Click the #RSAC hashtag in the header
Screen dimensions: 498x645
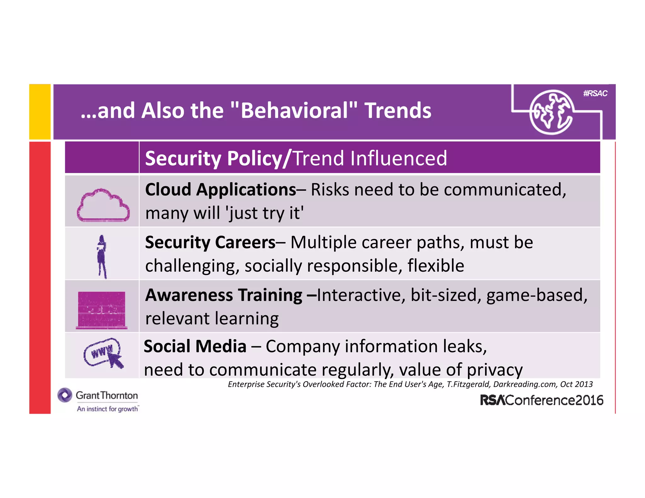point(595,93)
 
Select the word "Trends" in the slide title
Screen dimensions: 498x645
point(398,111)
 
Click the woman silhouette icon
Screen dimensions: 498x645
point(102,257)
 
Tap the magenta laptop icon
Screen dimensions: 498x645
point(101,310)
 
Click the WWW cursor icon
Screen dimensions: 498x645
point(103,353)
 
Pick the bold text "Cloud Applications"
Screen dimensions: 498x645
point(220,190)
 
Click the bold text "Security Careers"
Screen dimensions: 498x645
point(210,242)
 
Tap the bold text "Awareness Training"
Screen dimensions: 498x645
point(224,295)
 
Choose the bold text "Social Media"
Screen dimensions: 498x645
point(195,347)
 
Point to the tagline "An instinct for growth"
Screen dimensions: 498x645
point(107,409)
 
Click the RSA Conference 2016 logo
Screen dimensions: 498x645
point(541,400)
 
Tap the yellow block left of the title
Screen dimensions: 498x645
point(40,112)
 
